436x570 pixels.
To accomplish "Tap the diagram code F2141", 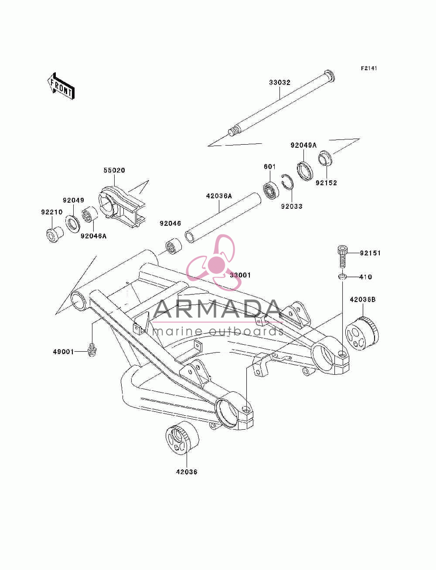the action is point(369,68).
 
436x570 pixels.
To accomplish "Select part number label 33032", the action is point(279,82).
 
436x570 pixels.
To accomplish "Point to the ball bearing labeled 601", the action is point(271,191).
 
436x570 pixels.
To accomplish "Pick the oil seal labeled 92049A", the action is point(305,171).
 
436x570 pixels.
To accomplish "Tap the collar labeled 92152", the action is point(326,158).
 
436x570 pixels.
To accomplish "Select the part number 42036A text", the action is point(219,196).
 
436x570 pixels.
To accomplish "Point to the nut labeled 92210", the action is point(54,234).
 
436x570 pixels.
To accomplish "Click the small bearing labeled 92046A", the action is point(90,215).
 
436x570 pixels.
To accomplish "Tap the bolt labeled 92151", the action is point(342,257).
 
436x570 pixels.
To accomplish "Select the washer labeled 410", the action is point(342,277).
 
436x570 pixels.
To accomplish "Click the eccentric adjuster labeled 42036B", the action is point(362,333).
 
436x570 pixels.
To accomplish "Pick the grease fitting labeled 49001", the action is point(92,350).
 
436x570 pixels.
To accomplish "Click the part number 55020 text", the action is point(114,170).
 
